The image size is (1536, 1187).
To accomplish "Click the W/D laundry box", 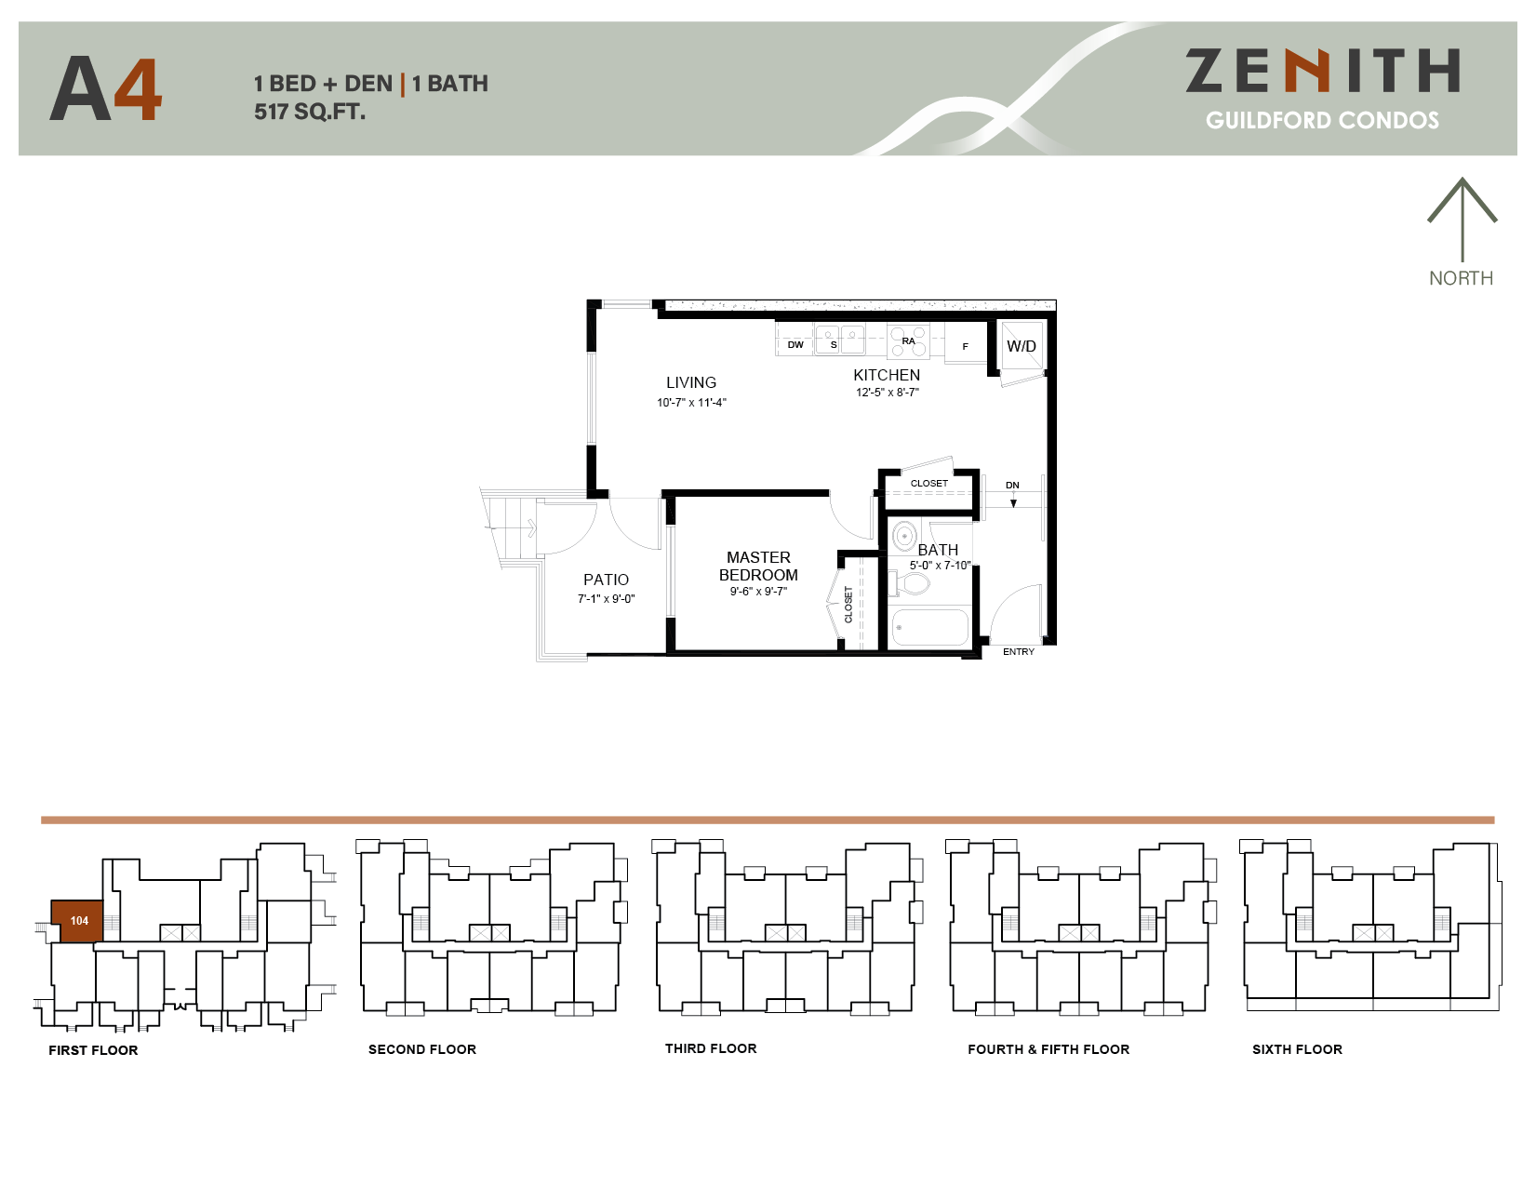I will (x=1022, y=346).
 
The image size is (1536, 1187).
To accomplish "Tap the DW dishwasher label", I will (x=795, y=345).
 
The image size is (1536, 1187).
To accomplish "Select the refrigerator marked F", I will (x=965, y=346).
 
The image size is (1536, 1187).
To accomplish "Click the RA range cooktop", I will (x=908, y=341).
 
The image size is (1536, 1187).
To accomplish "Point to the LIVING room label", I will (x=691, y=382).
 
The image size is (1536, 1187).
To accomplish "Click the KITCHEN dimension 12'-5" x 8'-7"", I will (x=887, y=393).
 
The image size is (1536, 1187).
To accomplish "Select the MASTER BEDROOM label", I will (x=758, y=566).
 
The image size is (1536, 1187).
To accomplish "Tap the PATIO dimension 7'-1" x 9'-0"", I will (x=606, y=599).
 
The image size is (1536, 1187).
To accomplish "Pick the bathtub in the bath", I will (x=928, y=627).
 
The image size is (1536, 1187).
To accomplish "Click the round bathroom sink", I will (x=904, y=537).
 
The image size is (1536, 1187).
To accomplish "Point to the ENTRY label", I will (x=1018, y=652).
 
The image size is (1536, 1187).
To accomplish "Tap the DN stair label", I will (x=1012, y=486).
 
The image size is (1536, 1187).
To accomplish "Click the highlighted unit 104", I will (x=78, y=921).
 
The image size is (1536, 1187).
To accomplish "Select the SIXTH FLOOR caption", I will (x=1297, y=1049).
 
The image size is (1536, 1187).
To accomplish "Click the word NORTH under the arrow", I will (x=1461, y=278).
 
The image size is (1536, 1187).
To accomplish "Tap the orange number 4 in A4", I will (x=138, y=90).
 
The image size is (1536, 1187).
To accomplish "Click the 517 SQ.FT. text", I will (x=310, y=113).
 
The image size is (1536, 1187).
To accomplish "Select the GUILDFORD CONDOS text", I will (x=1322, y=120).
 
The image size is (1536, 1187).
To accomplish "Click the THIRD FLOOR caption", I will (x=711, y=1048).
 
